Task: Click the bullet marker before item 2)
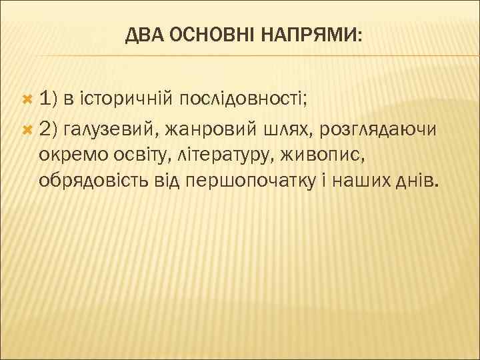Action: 27,128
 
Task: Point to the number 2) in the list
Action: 49,128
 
